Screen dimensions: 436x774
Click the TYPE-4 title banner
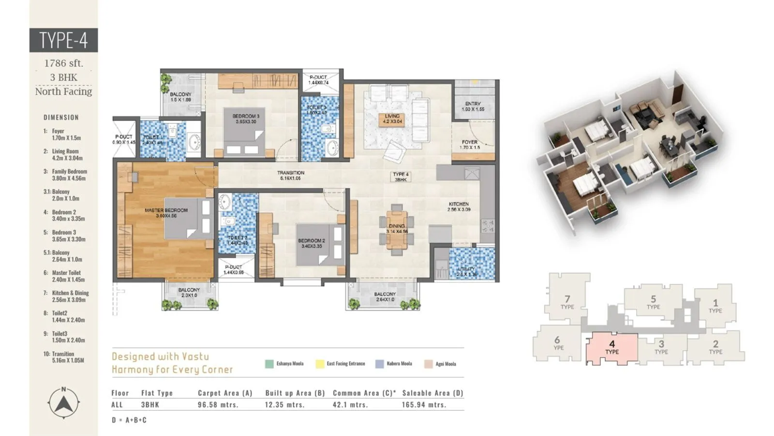pyautogui.click(x=63, y=40)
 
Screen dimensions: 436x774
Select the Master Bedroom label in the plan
pyautogui.click(x=166, y=213)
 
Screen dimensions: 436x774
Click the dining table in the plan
pyautogui.click(x=397, y=229)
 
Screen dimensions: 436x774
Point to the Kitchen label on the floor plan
pyautogui.click(x=458, y=207)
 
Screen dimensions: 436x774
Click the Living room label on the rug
pyautogui.click(x=392, y=119)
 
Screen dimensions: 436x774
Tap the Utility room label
pyautogui.click(x=466, y=271)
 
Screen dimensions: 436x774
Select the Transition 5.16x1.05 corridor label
pyautogui.click(x=291, y=175)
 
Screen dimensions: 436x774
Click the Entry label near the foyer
pyautogui.click(x=473, y=106)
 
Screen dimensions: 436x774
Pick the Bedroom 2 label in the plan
pyautogui.click(x=312, y=243)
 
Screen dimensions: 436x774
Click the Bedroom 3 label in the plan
pyautogui.click(x=246, y=119)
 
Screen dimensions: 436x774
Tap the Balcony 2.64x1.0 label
pyautogui.click(x=385, y=296)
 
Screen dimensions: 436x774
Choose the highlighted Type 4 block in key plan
pyautogui.click(x=612, y=348)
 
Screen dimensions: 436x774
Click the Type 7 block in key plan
pyautogui.click(x=567, y=302)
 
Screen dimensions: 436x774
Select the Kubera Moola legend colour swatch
pyautogui.click(x=380, y=364)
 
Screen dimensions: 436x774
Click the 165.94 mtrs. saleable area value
pyautogui.click(x=424, y=405)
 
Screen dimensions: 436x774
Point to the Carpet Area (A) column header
pyautogui.click(x=225, y=393)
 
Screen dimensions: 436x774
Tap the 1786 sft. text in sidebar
pyautogui.click(x=63, y=63)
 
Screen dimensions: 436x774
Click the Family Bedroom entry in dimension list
pyautogui.click(x=69, y=174)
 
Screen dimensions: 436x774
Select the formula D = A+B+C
pyautogui.click(x=129, y=420)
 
